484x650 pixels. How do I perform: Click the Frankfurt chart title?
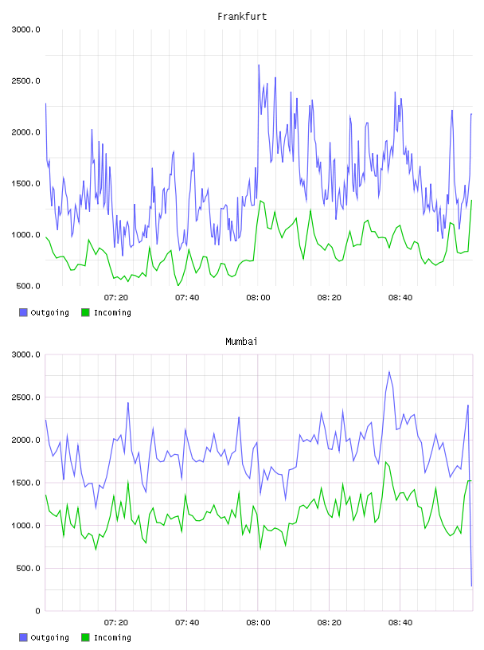pyautogui.click(x=242, y=17)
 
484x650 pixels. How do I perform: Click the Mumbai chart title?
pyautogui.click(x=241, y=342)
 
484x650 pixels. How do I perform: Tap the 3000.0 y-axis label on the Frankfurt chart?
pyautogui.click(x=25, y=29)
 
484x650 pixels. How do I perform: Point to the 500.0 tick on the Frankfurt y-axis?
pyautogui.click(x=28, y=286)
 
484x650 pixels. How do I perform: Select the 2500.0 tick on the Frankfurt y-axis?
pyautogui.click(x=25, y=80)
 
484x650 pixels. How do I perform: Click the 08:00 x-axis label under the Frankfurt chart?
pyautogui.click(x=258, y=298)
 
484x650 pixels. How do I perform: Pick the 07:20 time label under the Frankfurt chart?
pyautogui.click(x=116, y=298)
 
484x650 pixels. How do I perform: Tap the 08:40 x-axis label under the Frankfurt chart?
pyautogui.click(x=400, y=298)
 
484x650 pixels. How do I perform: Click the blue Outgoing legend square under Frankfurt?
pyautogui.click(x=23, y=312)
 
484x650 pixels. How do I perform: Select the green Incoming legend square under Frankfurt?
pyautogui.click(x=85, y=312)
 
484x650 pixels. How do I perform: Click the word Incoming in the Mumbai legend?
pyautogui.click(x=112, y=637)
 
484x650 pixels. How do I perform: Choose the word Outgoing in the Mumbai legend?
pyautogui.click(x=49, y=637)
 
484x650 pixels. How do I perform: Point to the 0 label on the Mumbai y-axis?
pyautogui.click(x=37, y=611)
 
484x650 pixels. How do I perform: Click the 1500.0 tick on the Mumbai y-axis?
pyautogui.click(x=25, y=483)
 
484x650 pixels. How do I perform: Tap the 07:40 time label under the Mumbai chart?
pyautogui.click(x=187, y=623)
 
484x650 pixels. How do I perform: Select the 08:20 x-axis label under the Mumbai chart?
pyautogui.click(x=330, y=623)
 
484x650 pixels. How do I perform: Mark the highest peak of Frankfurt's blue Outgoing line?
pyautogui.click(x=259, y=65)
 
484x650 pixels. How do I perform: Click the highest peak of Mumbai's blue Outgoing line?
pyautogui.click(x=389, y=372)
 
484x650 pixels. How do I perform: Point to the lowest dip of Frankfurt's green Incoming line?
pyautogui.click(x=178, y=285)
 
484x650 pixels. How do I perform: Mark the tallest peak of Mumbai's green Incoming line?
pyautogui.click(x=386, y=462)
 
